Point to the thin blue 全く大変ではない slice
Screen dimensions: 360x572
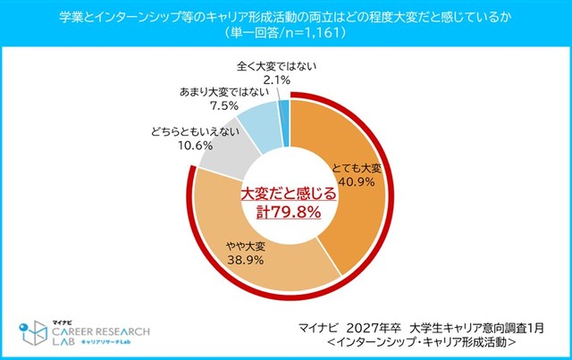(283, 111)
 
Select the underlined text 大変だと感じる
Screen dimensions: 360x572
(286, 191)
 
